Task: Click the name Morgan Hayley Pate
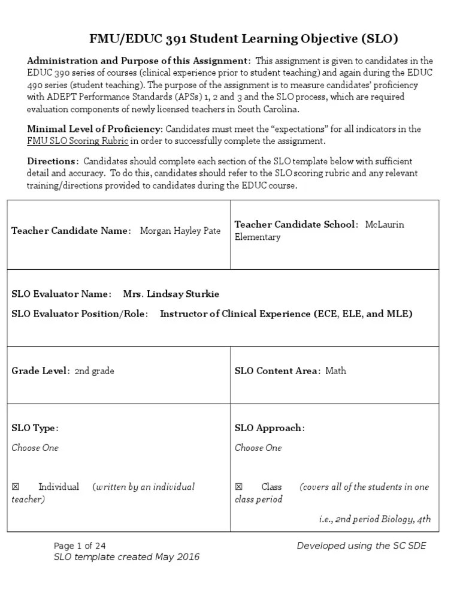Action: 180,231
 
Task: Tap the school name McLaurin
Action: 385,224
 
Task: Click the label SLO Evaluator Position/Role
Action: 80,314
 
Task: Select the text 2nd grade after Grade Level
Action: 95,371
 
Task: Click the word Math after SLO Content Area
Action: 335,371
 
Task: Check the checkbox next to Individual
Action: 16,487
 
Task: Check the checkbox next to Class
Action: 238,487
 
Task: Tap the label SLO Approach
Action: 270,428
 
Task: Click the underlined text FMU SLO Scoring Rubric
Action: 78,141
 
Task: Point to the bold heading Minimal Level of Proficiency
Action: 95,129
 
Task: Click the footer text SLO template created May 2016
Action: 126,557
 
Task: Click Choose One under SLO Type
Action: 35,448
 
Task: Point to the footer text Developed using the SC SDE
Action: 362,546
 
